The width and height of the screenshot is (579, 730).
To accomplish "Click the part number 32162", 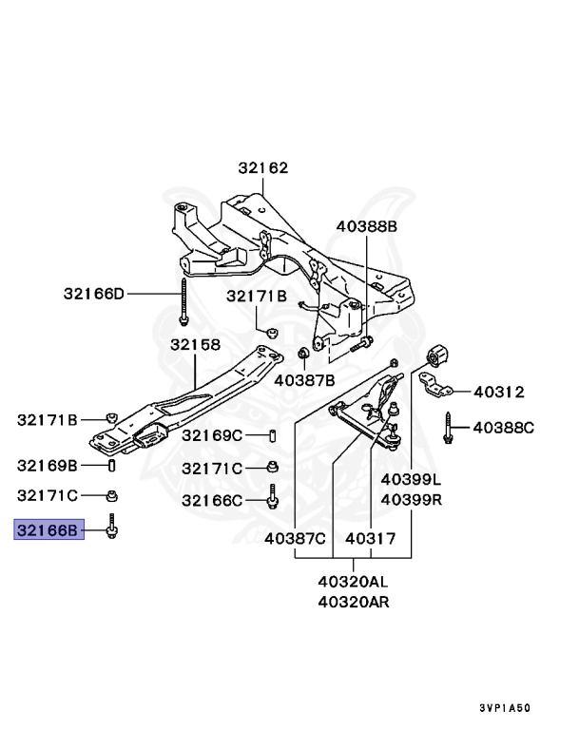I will click(x=263, y=168).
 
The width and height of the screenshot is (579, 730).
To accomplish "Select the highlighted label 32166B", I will click(x=48, y=529).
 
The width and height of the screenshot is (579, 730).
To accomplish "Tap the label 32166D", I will click(x=94, y=294).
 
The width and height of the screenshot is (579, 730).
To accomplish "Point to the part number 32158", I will click(x=195, y=345).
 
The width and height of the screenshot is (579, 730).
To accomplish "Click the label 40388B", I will click(x=366, y=226).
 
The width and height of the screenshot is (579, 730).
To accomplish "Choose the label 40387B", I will click(x=304, y=380).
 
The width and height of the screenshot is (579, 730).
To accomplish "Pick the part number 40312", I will click(x=499, y=392).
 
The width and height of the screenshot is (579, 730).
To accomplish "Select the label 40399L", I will click(x=412, y=479).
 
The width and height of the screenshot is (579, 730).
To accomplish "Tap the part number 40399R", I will click(x=412, y=499).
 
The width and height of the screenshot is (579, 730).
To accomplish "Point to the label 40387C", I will click(x=296, y=539).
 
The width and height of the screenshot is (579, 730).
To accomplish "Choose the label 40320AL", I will click(x=353, y=581).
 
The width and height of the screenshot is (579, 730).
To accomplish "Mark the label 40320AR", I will click(x=353, y=601).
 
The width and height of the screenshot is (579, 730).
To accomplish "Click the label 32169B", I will click(x=48, y=465).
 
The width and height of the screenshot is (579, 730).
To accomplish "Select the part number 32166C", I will click(x=213, y=500).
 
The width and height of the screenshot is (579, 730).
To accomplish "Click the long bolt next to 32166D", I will click(x=182, y=301).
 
